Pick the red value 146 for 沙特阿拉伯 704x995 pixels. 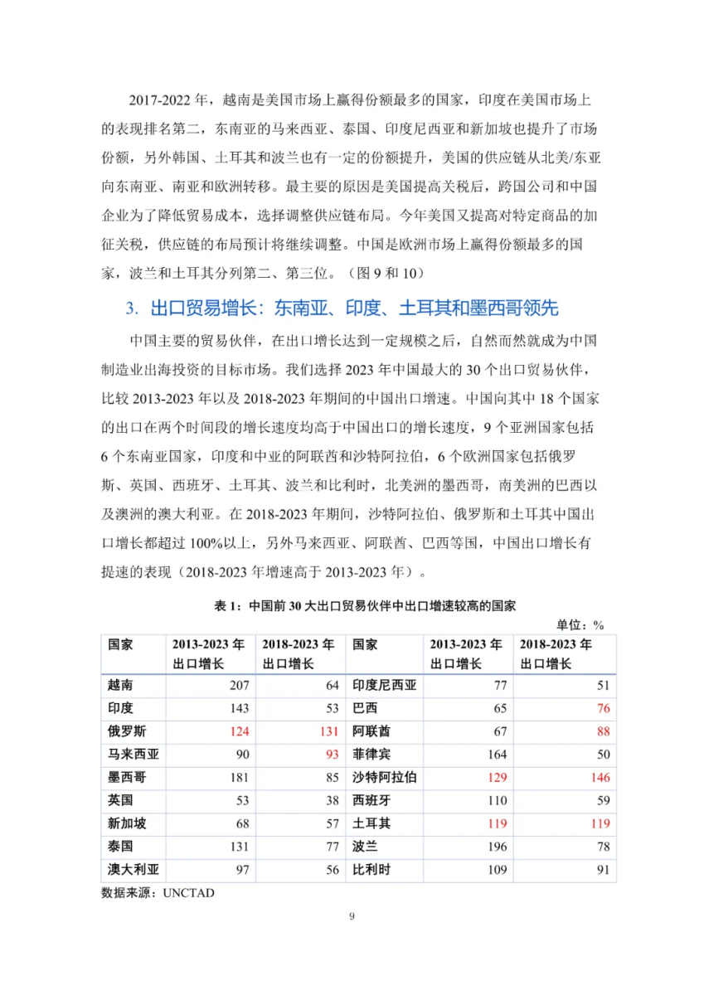599,778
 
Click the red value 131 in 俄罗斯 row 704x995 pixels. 328,731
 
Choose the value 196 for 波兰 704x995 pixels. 492,847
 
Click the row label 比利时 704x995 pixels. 371,871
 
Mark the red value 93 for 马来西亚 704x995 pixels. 330,755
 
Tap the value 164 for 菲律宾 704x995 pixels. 492,755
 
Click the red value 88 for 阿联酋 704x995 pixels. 602,731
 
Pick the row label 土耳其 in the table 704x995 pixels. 371,824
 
